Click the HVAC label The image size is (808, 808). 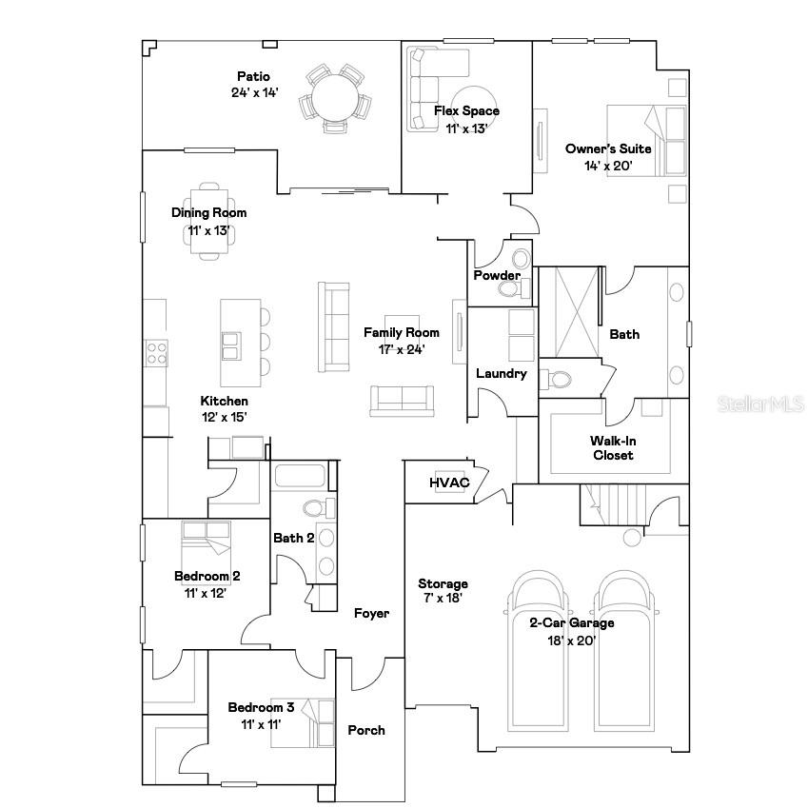coord(449,483)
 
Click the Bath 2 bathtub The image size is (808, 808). coord(301,475)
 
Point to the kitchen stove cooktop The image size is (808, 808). coord(155,354)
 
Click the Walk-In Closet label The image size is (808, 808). coord(611,447)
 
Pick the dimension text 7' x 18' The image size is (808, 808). coord(443,599)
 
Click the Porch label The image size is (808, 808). coord(366,730)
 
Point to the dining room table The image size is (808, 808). coord(209,219)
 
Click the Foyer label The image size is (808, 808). coord(371,614)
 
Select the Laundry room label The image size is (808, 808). coord(502,373)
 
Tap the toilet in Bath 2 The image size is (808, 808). coord(319,507)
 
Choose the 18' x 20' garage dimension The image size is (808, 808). coord(572,640)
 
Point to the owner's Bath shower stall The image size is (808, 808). coord(568,311)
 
